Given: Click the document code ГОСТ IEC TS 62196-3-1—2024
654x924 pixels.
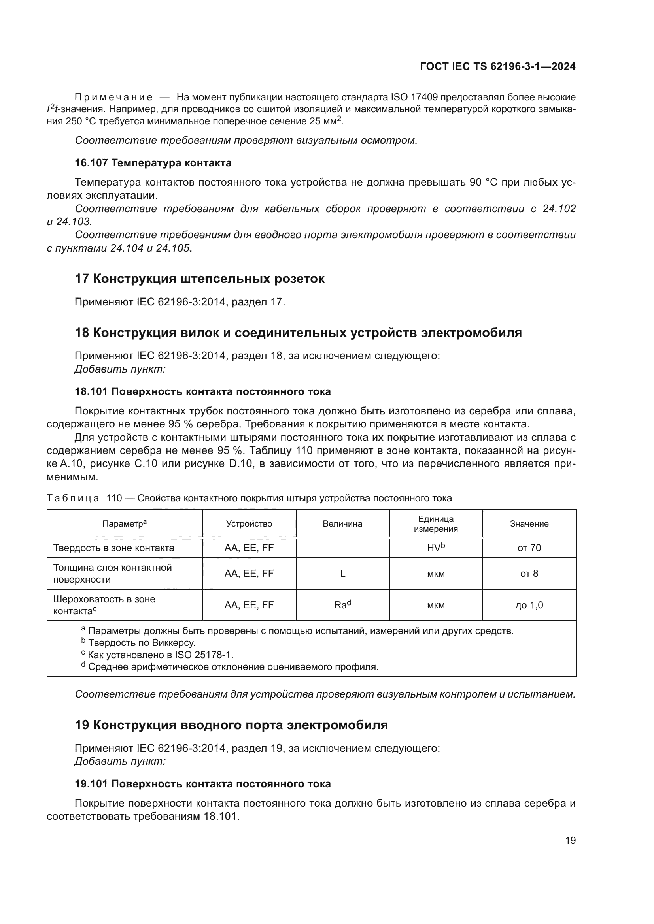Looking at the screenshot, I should pyautogui.click(x=497, y=66).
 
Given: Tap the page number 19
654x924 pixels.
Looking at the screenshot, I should pyautogui.click(x=570, y=840).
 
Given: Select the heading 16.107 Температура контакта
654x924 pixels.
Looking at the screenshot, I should pyautogui.click(x=153, y=163).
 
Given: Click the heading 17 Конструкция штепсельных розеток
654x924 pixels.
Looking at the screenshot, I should pyautogui.click(x=200, y=279).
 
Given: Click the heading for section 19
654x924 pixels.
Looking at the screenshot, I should pyautogui.click(x=231, y=725).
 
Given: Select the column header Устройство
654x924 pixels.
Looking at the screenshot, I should pyautogui.click(x=249, y=523).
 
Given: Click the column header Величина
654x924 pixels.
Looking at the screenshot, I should pyautogui.click(x=342, y=523).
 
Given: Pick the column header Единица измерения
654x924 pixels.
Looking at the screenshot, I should pyautogui.click(x=436, y=523).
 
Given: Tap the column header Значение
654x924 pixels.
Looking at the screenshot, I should pyautogui.click(x=529, y=523).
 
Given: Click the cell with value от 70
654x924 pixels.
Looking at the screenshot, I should pyautogui.click(x=529, y=548).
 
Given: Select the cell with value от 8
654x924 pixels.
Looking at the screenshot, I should pyautogui.click(x=529, y=574).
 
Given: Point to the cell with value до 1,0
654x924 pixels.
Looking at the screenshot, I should pyautogui.click(x=529, y=605).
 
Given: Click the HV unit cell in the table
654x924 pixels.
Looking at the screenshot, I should pyautogui.click(x=436, y=548).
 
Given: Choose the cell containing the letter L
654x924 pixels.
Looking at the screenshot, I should pyautogui.click(x=342, y=574).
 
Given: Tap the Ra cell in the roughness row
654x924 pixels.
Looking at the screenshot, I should pyautogui.click(x=342, y=605).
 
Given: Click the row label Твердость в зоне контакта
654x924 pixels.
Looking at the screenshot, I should pyautogui.click(x=114, y=548).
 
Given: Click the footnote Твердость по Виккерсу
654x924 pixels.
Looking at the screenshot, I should pyautogui.click(x=141, y=643).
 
